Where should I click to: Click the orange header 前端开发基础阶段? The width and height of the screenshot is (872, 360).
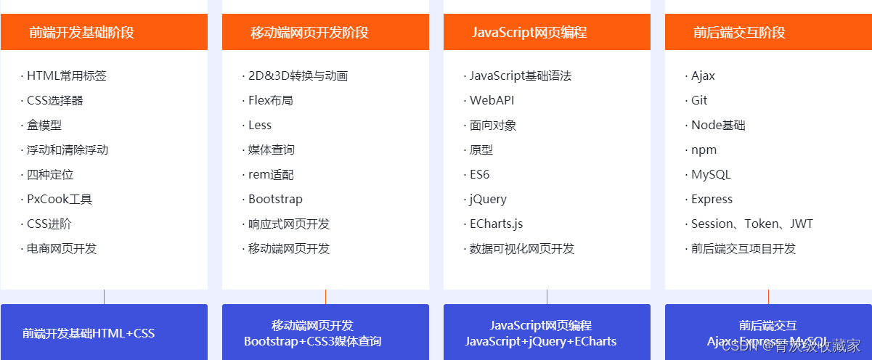coord(82,33)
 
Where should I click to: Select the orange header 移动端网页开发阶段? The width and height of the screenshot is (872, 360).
coord(309,33)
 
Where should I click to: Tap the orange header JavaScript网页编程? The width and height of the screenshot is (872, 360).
coord(529,33)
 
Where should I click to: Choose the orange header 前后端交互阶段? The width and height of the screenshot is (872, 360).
coord(739,33)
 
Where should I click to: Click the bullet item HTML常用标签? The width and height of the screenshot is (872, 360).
coord(67,75)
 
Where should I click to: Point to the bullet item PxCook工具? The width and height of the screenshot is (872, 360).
coord(60,199)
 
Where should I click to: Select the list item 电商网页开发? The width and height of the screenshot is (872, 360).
coord(62,248)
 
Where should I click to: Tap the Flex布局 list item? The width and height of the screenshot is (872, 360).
coord(270,100)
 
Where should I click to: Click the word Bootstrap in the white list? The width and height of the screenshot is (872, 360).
coord(275,199)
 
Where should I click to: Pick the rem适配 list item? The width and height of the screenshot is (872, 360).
coord(271,174)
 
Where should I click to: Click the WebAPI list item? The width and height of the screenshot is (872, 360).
coord(492,100)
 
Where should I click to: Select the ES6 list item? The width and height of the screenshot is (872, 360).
coord(479,174)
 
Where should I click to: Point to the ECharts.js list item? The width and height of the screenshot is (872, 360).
coord(496,224)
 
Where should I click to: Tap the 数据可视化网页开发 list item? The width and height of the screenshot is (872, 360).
coord(522,248)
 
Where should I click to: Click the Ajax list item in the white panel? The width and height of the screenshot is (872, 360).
coord(703,75)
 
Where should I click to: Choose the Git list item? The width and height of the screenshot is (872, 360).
coord(699,100)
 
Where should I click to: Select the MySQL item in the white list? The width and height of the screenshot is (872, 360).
coord(711,174)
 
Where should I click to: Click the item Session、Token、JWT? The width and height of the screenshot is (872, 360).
coord(751,224)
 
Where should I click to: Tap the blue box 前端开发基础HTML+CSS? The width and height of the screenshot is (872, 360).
coord(89,334)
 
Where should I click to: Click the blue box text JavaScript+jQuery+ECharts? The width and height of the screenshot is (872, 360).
coord(541,341)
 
